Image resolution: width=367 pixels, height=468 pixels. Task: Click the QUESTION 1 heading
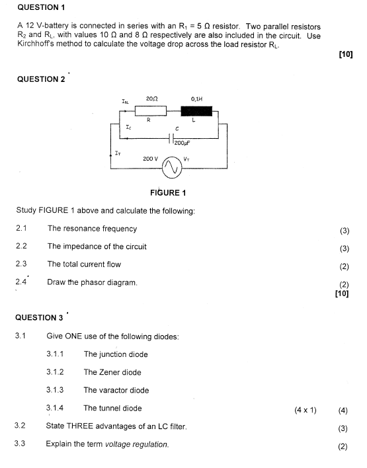pos(41,7)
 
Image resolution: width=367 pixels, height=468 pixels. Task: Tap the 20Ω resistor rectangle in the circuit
pos(151,111)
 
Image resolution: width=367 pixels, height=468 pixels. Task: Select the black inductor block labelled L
pos(196,111)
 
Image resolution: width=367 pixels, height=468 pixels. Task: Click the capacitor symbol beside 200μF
pos(171,138)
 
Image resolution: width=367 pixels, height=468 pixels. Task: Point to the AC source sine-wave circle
pos(172,169)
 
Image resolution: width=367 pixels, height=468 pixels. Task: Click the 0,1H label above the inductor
pos(197,98)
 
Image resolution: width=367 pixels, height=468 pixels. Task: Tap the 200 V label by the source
pos(151,159)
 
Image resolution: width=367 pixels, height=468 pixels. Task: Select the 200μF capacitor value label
pos(182,143)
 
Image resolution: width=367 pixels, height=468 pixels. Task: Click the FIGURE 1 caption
pos(168,192)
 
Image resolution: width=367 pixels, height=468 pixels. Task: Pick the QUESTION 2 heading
pos(41,79)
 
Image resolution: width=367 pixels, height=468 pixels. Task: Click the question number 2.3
pos(21,264)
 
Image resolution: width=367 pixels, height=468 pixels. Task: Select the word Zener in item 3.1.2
pos(108,372)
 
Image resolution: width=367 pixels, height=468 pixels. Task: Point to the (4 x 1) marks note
pos(306,410)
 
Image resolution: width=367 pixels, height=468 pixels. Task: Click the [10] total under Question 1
pos(346,54)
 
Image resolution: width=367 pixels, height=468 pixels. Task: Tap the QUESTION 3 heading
pos(39,317)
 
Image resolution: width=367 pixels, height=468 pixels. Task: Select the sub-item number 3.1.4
pos(55,408)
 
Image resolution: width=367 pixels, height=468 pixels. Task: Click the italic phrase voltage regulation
pos(137,444)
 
